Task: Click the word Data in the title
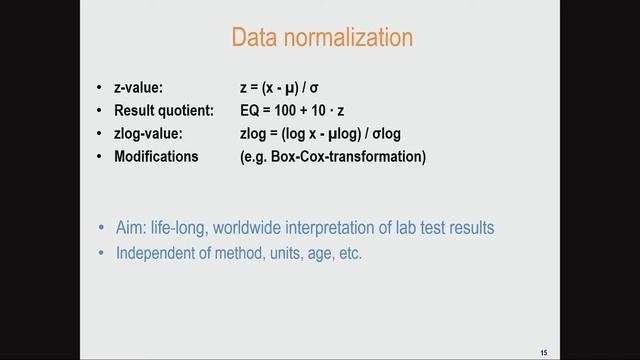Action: point(254,38)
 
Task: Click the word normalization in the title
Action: point(346,38)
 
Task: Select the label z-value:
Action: point(145,89)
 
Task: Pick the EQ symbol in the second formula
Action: point(236,111)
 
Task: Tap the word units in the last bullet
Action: point(285,253)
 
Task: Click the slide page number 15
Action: point(543,350)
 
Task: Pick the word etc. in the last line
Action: point(349,253)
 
